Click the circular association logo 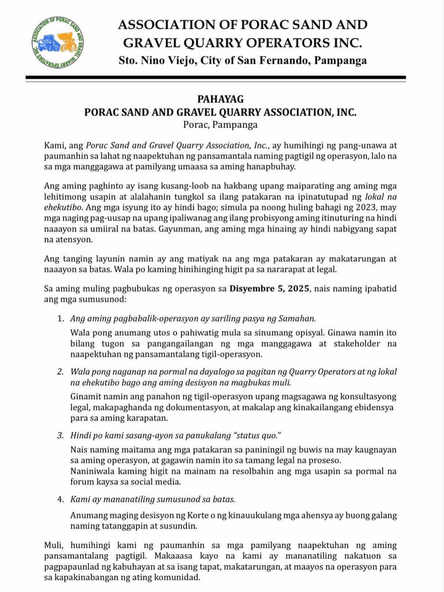click(x=58, y=43)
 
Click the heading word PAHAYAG click(x=220, y=99)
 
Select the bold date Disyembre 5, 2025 click(x=269, y=289)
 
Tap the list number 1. click(x=60, y=319)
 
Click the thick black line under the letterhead click(x=216, y=77)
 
